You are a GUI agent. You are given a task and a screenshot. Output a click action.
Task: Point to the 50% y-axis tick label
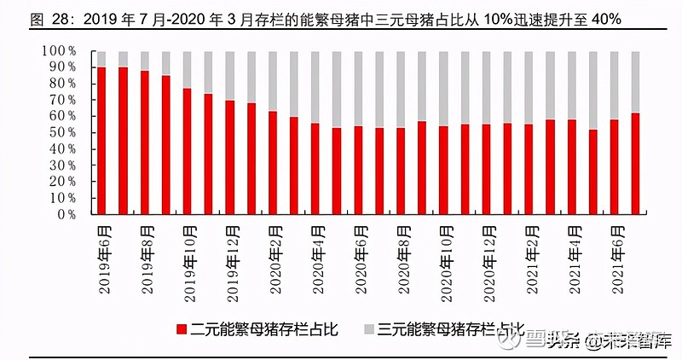pos(62,133)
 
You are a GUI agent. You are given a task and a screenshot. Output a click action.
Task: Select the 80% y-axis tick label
pos(62,84)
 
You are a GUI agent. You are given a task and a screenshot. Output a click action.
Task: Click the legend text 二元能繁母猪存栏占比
pos(264,330)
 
